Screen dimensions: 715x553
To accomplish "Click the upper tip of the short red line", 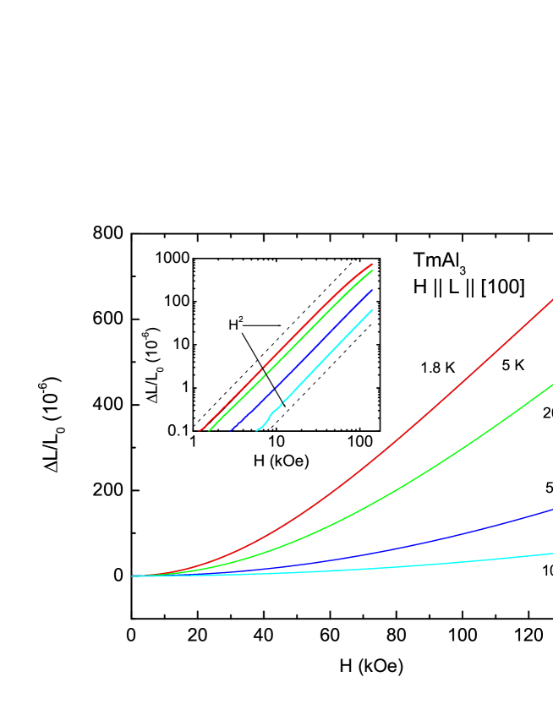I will tap(371, 265).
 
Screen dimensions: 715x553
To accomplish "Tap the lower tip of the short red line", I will tap(200, 430).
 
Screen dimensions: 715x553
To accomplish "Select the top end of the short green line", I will tap(371, 271).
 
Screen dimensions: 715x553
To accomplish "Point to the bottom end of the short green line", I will tap(210, 430).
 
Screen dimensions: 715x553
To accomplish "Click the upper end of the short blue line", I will tap(371, 291).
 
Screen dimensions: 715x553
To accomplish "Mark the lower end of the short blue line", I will tap(231, 430).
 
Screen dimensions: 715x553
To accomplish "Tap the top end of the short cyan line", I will tap(371, 311).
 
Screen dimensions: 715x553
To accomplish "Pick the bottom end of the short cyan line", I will tap(257, 430).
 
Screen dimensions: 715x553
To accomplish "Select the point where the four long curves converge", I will tap(134, 576).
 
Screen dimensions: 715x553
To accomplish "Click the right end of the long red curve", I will tap(552, 300).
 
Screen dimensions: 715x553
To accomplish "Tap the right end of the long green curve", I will tap(552, 385).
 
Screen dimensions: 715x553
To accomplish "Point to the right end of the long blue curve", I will tap(552, 510).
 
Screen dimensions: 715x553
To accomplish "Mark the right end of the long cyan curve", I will tap(552, 554).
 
